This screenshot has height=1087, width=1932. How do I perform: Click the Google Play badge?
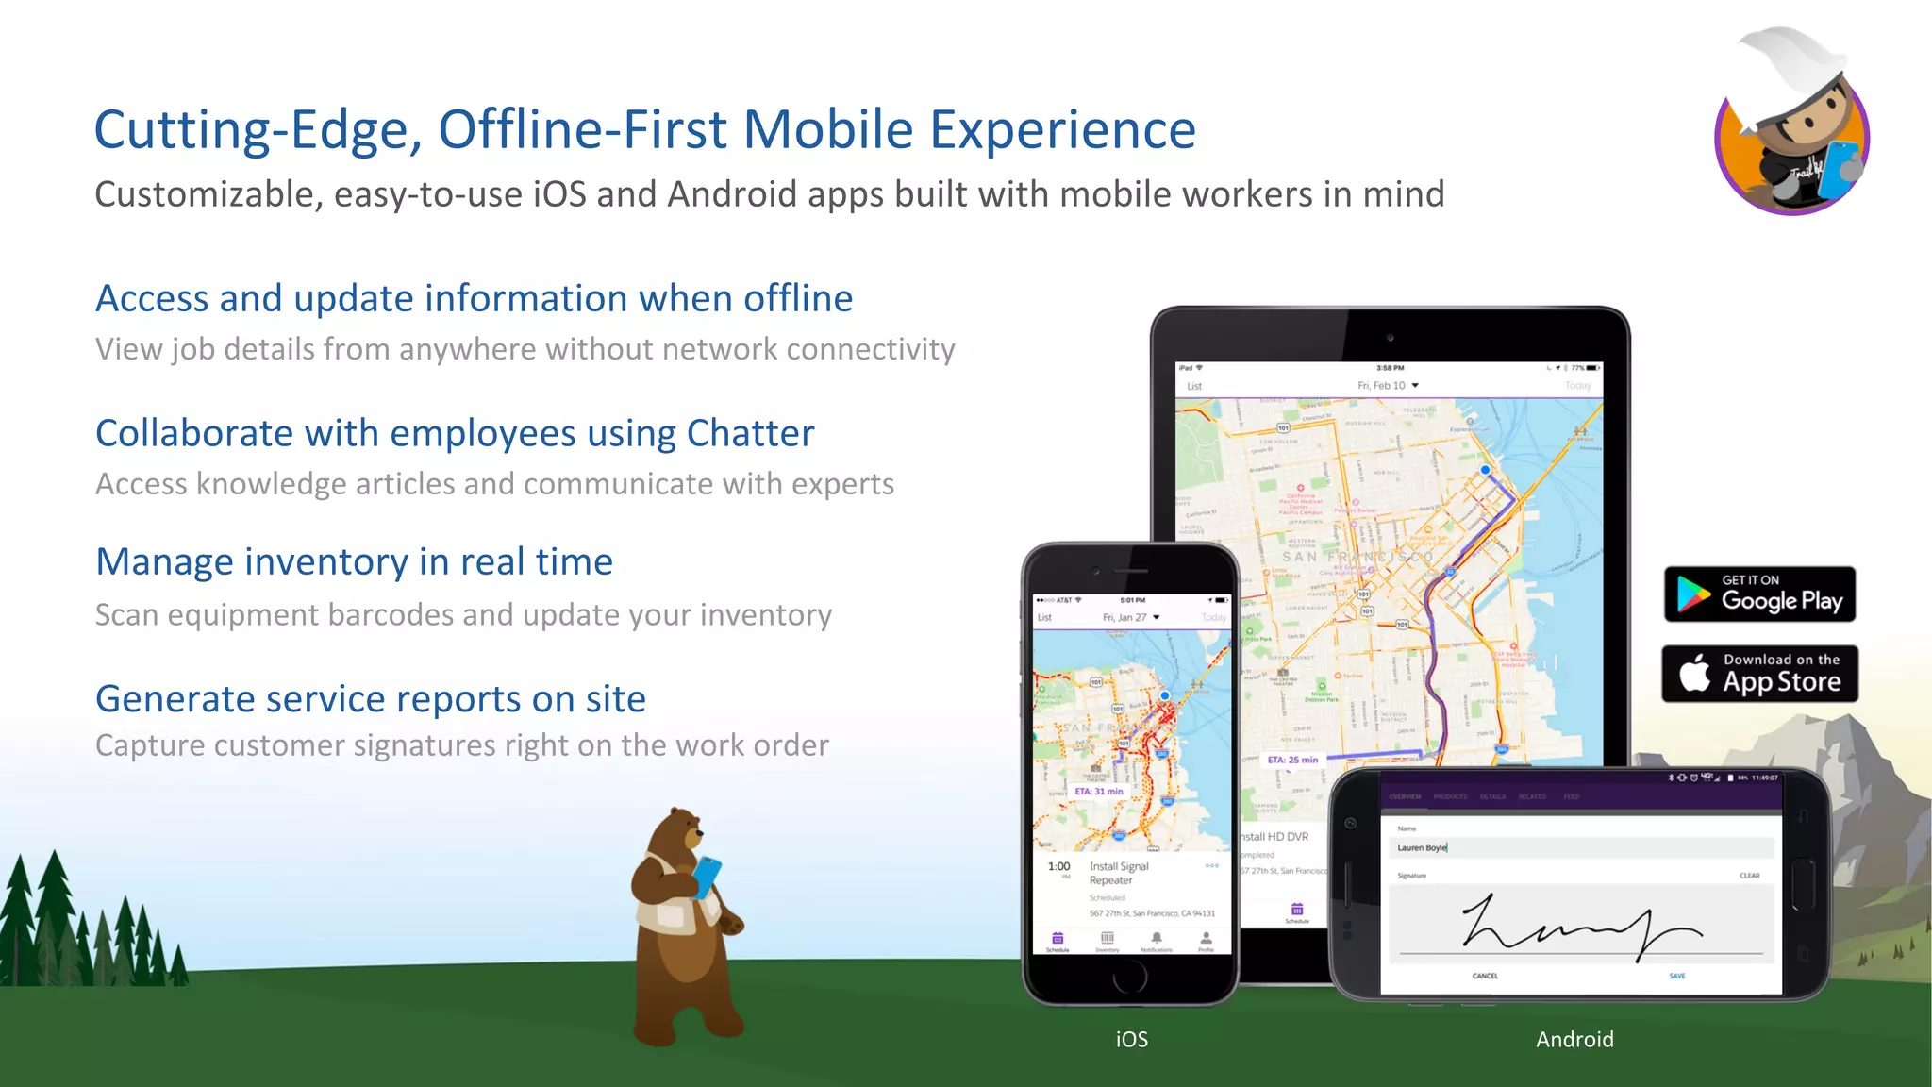(x=1759, y=594)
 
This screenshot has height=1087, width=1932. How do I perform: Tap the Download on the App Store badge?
(x=1759, y=674)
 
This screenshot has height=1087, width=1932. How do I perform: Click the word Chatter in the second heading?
(x=750, y=434)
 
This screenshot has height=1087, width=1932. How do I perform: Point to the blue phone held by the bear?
(x=706, y=877)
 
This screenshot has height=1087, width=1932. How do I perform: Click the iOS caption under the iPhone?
(x=1131, y=1039)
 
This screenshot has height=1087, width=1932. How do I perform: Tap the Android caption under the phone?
(x=1574, y=1039)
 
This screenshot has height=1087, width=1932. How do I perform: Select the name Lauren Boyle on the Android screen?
(x=1422, y=847)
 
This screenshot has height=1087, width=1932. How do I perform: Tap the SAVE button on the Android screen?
(x=1676, y=976)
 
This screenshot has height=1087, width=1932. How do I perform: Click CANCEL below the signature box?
(x=1485, y=976)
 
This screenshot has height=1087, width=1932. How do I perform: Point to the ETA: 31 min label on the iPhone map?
(x=1099, y=792)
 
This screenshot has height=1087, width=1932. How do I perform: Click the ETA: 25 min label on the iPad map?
(x=1292, y=760)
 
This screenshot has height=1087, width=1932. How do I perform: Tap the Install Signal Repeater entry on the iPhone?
(x=1119, y=873)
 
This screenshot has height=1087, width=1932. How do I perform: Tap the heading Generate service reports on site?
(x=371, y=699)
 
